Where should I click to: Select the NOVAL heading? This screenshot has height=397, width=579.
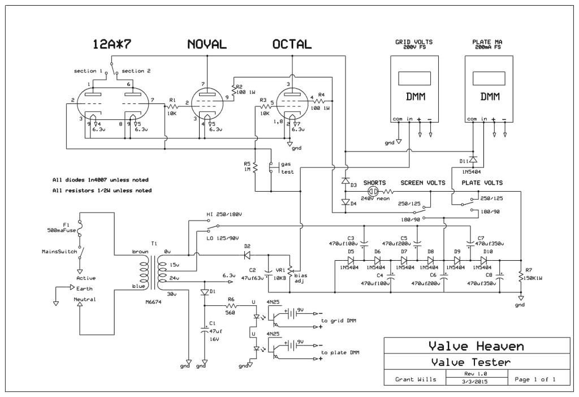point(206,45)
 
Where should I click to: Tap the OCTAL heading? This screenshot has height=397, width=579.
point(292,45)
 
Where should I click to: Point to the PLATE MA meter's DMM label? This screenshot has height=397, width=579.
point(490,97)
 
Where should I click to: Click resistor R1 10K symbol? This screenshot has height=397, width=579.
point(172,106)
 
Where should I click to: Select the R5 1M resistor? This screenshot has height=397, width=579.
point(256,168)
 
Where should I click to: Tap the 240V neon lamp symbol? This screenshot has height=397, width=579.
point(372,192)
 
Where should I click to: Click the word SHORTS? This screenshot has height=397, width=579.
point(374,183)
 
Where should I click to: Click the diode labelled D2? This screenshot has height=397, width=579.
point(247,255)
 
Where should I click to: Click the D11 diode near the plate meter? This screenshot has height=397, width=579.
point(473,158)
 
